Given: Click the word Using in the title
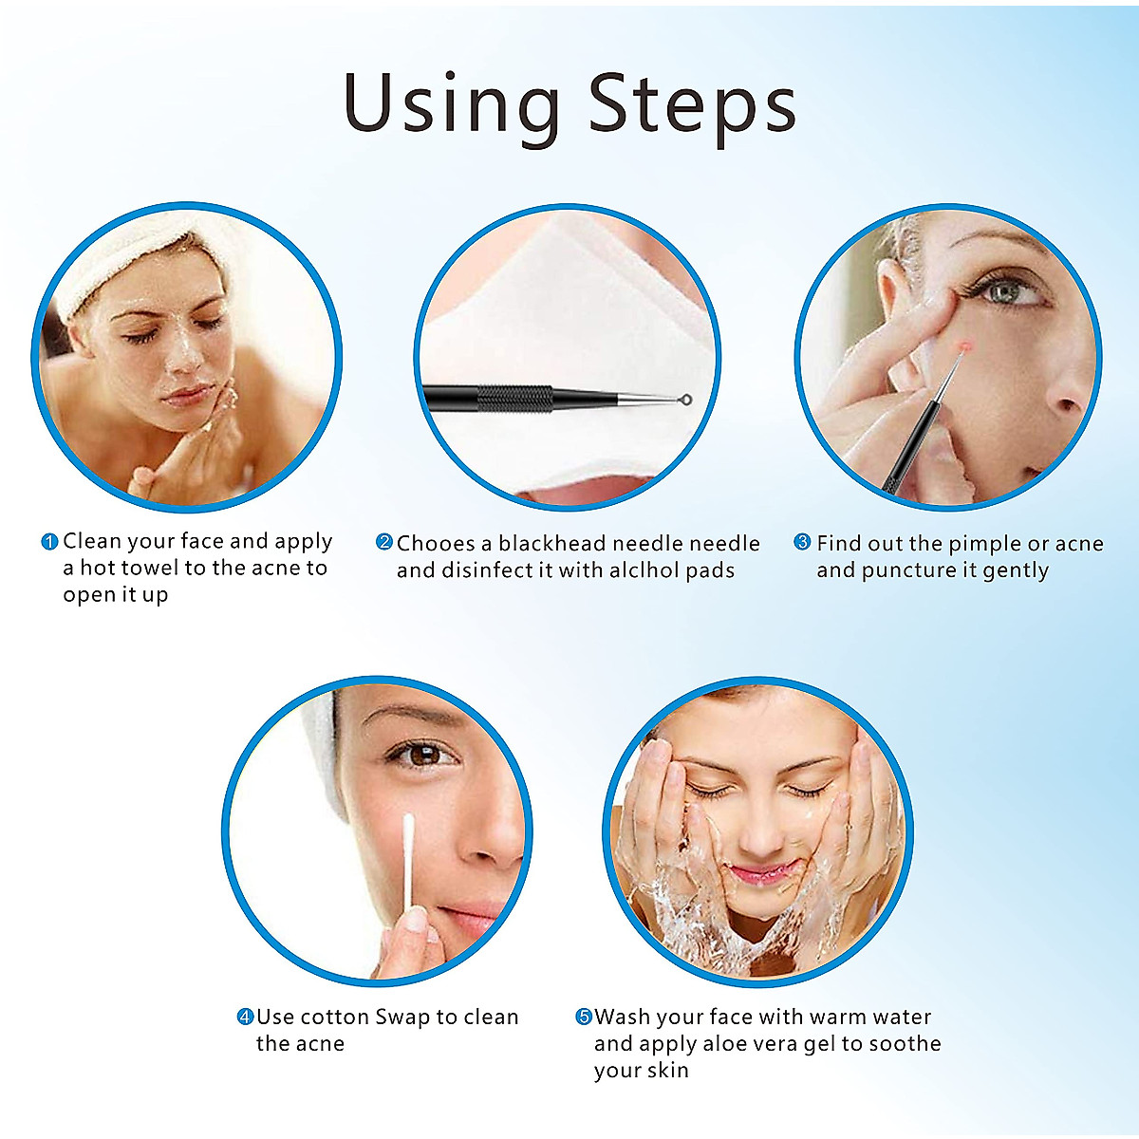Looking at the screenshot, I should [451, 104].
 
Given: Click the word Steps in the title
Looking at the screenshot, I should [692, 104].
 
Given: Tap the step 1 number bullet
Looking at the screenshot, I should [50, 542].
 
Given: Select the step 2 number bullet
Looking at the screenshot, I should [384, 542].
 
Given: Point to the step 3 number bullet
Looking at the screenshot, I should [803, 542].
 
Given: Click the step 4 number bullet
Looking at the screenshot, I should [245, 1017].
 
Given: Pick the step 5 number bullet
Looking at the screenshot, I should [584, 1017].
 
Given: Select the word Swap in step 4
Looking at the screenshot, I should [402, 1018].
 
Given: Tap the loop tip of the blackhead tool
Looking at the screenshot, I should [685, 401].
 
